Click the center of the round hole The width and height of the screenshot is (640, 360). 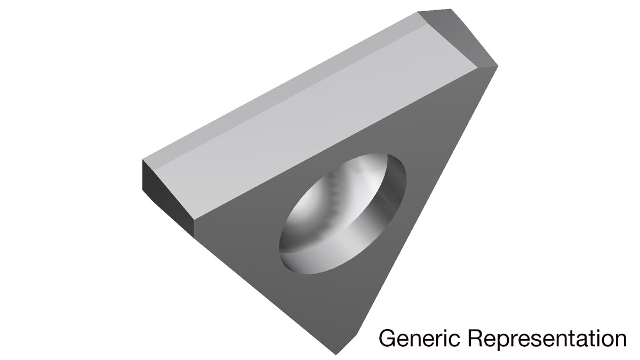pyautogui.click(x=342, y=214)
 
